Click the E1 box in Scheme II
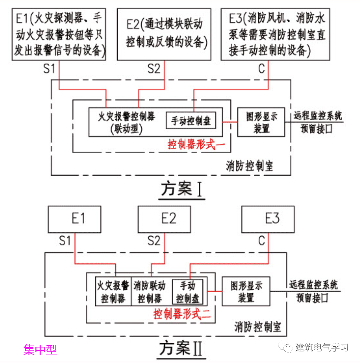(74, 219)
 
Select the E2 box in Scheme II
(164, 219)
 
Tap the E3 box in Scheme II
(268, 219)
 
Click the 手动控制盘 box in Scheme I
(191, 121)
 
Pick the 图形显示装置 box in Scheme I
(261, 122)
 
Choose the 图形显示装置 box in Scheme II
(246, 292)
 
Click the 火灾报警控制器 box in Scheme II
(113, 292)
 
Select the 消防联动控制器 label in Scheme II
(150, 292)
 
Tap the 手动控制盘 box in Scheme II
(188, 292)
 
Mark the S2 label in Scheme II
(154, 241)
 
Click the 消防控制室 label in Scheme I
(249, 166)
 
